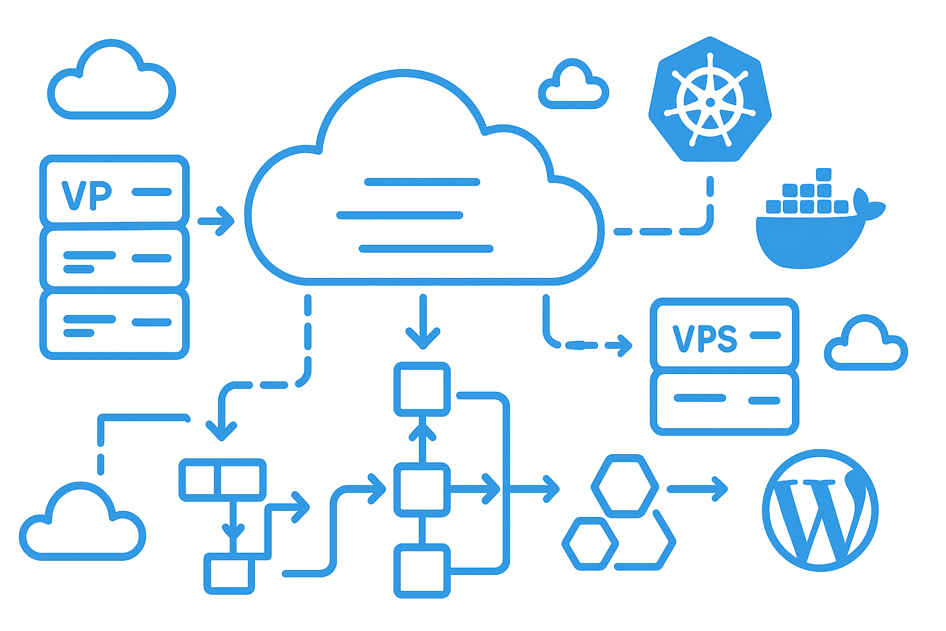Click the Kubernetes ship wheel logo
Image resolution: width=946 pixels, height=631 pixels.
click(710, 102)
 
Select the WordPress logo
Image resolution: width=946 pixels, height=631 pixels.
click(820, 510)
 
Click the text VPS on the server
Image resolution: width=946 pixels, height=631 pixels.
click(704, 338)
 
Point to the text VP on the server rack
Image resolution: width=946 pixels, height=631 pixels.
click(87, 195)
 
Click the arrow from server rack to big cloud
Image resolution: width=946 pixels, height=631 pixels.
click(217, 221)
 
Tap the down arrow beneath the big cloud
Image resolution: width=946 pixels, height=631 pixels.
click(422, 324)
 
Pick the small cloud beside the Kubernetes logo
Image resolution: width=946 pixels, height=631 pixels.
click(573, 86)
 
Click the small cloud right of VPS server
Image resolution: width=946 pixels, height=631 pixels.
click(865, 345)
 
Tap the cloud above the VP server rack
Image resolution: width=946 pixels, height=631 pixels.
click(111, 82)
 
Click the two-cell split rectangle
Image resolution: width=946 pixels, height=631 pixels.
click(222, 480)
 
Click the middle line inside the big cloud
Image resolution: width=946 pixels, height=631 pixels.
click(400, 215)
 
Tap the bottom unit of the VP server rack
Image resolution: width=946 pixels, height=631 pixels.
click(115, 325)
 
